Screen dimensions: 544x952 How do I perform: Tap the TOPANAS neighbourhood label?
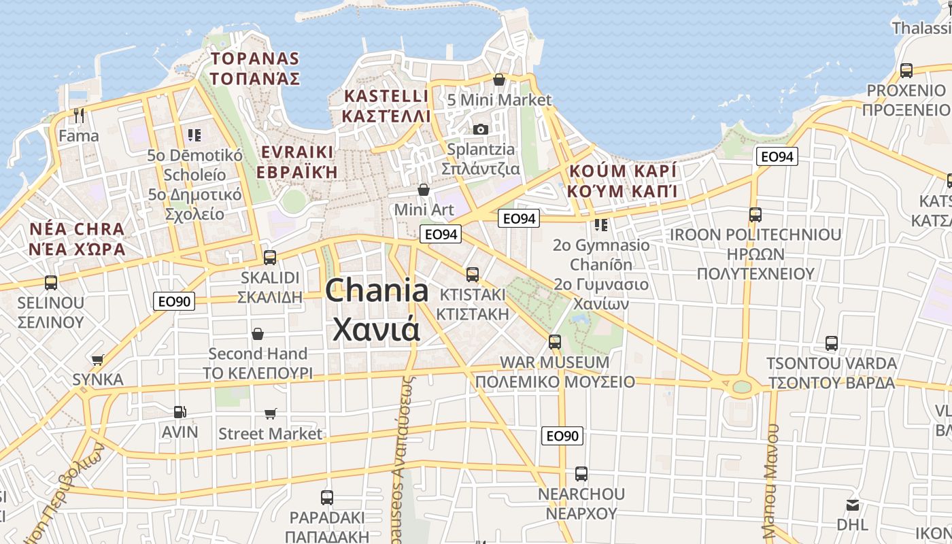coord(254,68)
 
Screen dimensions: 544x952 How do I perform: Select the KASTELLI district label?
coord(386,105)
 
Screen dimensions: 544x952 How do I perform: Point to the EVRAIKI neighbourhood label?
coord(296,161)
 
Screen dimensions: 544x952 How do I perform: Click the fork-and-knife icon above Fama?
coord(79,116)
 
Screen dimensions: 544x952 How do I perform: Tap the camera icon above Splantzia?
coord(481,129)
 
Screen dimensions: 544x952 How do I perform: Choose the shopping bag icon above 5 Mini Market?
coord(499,80)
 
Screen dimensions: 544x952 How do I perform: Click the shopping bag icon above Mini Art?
coord(424,189)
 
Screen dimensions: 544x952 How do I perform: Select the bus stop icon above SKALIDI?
coord(270,258)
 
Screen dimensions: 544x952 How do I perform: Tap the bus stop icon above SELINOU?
coord(51,282)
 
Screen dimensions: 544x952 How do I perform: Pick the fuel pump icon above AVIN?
coord(180,411)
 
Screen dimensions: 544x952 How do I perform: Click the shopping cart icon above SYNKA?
coord(98,359)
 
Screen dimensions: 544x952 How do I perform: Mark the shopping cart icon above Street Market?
coord(271,413)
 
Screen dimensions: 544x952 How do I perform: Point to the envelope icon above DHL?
coord(852,505)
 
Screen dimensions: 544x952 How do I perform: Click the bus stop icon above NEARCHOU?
coord(581,473)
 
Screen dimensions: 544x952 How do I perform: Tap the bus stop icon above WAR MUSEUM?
coord(555,341)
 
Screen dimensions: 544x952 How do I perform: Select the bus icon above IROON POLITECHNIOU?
coord(755,215)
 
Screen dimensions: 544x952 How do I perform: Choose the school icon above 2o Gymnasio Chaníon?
coord(600,224)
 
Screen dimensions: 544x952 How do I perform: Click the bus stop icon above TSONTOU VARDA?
coord(832,343)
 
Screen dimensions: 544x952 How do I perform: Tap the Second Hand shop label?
coord(258,354)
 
